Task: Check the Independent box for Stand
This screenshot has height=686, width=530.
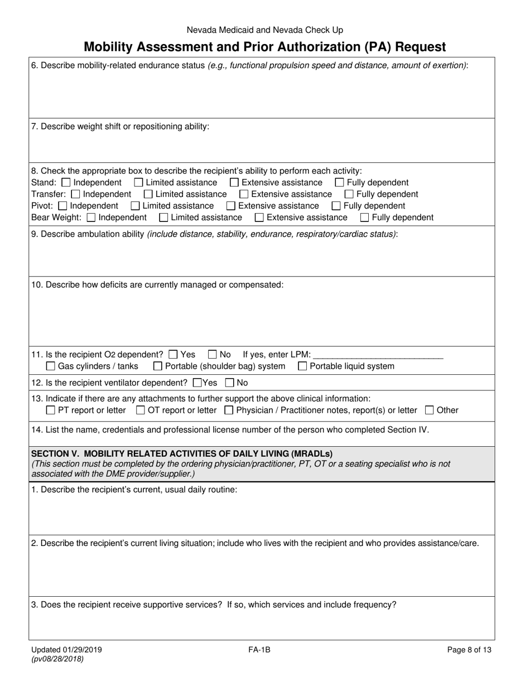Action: (x=66, y=182)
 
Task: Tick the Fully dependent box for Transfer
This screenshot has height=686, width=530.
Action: (x=349, y=194)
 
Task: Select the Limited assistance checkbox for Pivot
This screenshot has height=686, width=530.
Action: (x=135, y=206)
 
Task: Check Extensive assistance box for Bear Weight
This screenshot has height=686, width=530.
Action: (x=259, y=218)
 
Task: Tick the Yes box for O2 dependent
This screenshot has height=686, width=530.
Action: (x=173, y=354)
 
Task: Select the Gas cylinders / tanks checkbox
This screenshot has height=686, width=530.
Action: (x=50, y=366)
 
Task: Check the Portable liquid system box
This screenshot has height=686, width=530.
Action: (x=302, y=366)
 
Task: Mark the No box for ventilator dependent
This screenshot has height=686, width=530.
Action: (x=229, y=383)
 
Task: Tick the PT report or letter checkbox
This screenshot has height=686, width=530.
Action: (x=50, y=410)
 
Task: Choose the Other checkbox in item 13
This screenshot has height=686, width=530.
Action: (x=429, y=410)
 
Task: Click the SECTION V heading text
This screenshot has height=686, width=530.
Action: (x=181, y=453)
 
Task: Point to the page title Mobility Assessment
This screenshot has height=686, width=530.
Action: (x=264, y=47)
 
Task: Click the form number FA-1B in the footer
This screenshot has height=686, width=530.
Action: (x=260, y=649)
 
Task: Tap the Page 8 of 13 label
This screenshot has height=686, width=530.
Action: (x=469, y=649)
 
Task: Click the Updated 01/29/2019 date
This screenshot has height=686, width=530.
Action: (x=66, y=649)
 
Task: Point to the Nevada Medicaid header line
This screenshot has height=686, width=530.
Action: (x=264, y=30)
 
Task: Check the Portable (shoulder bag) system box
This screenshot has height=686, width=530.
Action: (x=158, y=366)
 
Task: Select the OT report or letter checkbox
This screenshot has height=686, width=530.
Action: (x=140, y=410)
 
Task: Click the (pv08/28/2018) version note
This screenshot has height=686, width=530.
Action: (x=58, y=659)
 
